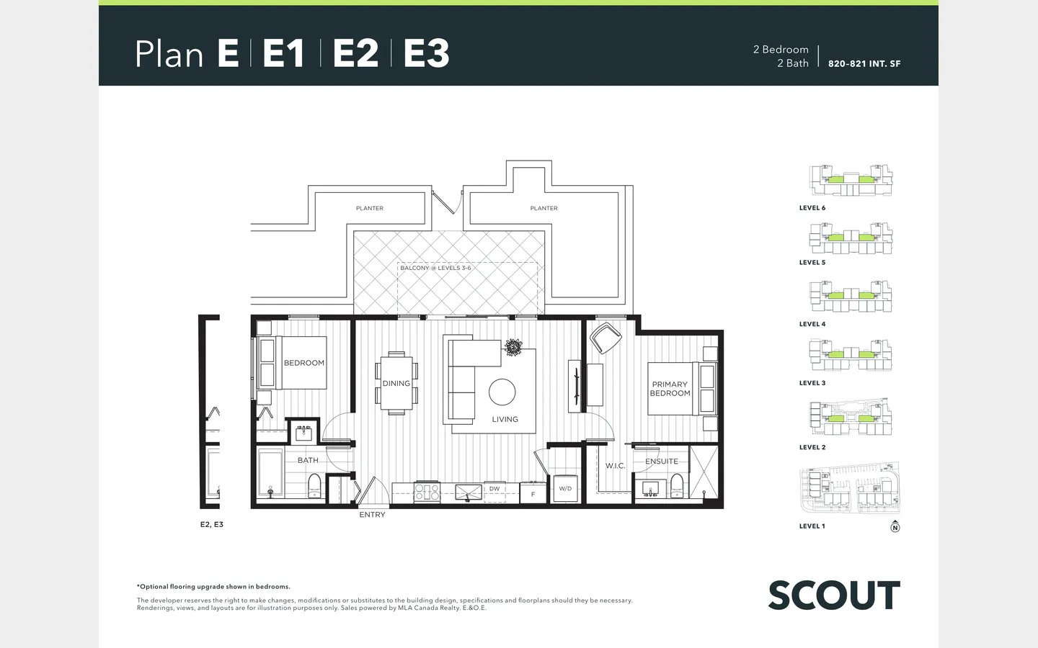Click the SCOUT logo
click(x=834, y=595)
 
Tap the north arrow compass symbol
click(x=895, y=527)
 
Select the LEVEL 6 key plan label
click(x=812, y=208)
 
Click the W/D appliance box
click(x=565, y=488)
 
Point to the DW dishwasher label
click(x=494, y=488)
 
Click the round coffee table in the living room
click(x=502, y=392)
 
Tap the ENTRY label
click(x=372, y=515)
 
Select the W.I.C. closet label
click(x=615, y=466)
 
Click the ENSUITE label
click(x=662, y=462)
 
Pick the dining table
click(x=396, y=383)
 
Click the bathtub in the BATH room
click(x=270, y=473)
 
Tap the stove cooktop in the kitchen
click(x=427, y=492)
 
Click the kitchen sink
click(x=469, y=492)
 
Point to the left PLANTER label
click(x=370, y=208)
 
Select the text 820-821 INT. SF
click(x=864, y=64)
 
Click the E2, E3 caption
click(x=212, y=524)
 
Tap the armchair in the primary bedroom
click(x=605, y=338)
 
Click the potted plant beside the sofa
click(x=513, y=347)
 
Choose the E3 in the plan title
click(x=426, y=53)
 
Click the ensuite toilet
click(x=677, y=485)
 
